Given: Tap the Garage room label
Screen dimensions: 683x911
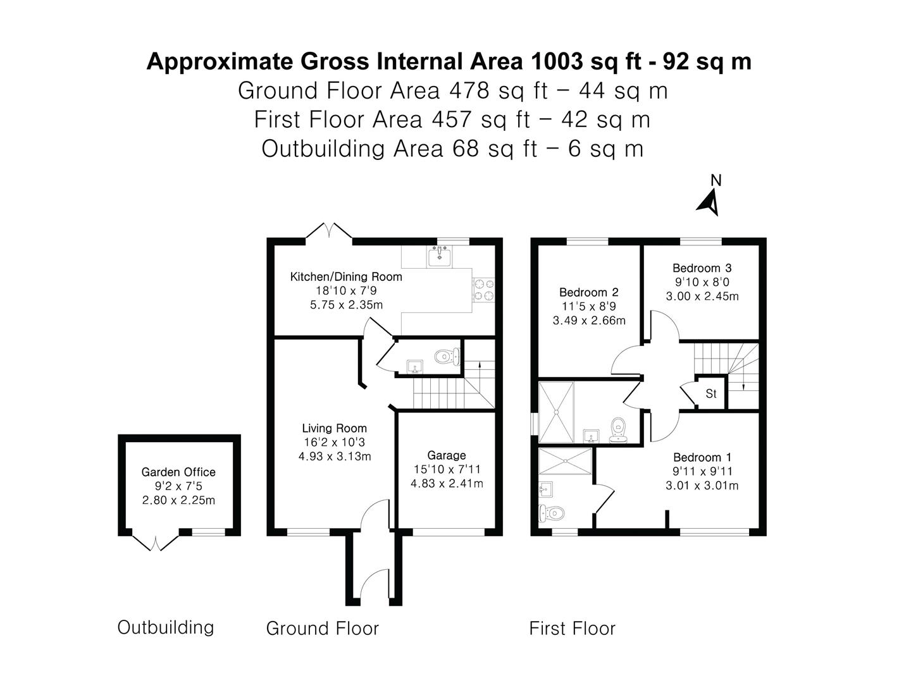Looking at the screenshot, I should [446, 455].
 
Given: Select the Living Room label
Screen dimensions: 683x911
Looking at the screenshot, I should [334, 428].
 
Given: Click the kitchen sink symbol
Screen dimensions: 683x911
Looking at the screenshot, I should [438, 257].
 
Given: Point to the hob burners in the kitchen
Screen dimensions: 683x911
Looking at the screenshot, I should [484, 290].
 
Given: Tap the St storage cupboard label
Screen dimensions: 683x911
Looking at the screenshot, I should [710, 394].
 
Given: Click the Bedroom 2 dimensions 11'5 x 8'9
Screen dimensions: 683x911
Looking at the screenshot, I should [588, 307].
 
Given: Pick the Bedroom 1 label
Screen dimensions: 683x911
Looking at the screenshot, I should [702, 457].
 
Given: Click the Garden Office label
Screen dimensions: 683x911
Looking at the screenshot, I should [178, 472].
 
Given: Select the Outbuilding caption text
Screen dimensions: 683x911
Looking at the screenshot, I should [166, 627].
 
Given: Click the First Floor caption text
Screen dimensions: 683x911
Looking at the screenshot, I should [572, 629].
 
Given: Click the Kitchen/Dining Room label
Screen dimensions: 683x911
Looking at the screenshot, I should [346, 276].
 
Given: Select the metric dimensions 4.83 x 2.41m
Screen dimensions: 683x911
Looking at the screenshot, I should [446, 484].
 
